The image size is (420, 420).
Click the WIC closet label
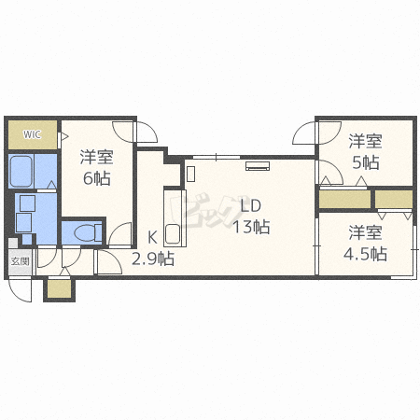[32, 134]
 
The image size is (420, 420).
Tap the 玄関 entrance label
[21, 261]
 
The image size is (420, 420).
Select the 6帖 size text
[97, 178]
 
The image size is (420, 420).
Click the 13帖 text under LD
[251, 226]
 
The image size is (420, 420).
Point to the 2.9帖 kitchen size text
[153, 259]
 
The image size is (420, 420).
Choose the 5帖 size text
[366, 162]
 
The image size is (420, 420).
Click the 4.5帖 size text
[365, 254]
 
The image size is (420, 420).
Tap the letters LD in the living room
[251, 205]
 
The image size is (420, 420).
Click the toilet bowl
[88, 232]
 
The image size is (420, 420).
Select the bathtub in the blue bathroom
[21, 171]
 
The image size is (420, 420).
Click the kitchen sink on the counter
[173, 233]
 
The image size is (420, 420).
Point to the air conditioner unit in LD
[258, 166]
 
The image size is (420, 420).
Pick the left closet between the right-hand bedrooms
[344, 199]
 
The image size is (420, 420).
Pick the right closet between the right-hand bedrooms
[394, 199]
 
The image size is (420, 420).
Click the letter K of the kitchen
[152, 238]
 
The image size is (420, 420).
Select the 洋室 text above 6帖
[97, 157]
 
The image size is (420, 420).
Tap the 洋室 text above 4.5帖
[365, 232]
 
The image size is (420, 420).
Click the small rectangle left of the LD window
[190, 174]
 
